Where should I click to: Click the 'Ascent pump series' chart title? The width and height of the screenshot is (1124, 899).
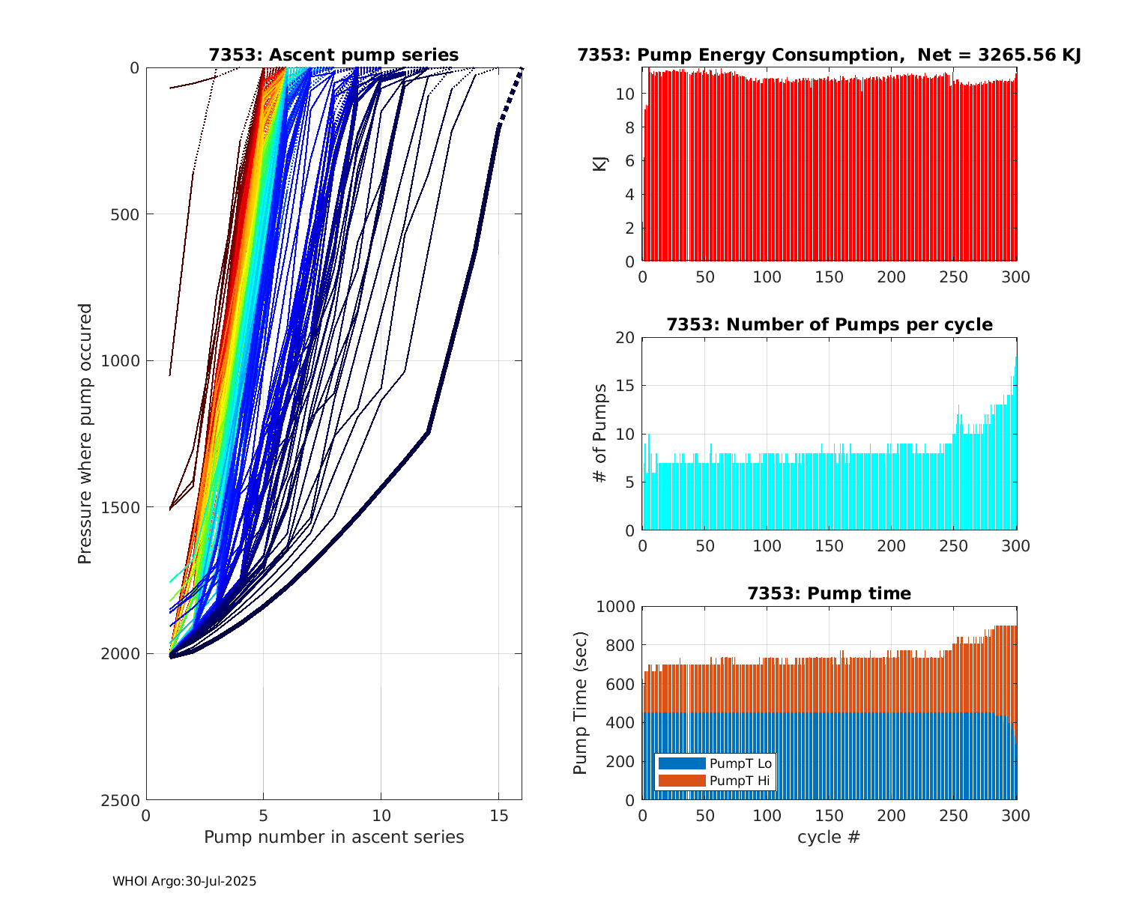click(333, 55)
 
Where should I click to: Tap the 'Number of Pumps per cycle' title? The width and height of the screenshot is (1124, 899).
click(829, 324)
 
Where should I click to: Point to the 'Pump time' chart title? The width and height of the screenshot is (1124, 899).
click(829, 593)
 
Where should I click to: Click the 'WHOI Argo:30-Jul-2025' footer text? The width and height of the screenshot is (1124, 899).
click(184, 881)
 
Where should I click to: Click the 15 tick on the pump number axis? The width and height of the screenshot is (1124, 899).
click(498, 815)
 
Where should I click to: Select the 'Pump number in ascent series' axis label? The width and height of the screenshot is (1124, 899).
click(333, 837)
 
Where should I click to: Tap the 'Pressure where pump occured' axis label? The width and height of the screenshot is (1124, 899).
click(85, 433)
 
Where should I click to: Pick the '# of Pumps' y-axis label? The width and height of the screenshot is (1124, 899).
click(600, 433)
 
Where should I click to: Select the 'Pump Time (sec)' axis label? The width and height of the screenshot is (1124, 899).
click(581, 703)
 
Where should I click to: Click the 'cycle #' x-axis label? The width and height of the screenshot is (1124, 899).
click(829, 837)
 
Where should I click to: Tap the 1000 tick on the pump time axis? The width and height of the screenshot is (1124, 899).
click(615, 607)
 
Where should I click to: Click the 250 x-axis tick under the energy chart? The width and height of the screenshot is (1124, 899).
click(954, 277)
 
